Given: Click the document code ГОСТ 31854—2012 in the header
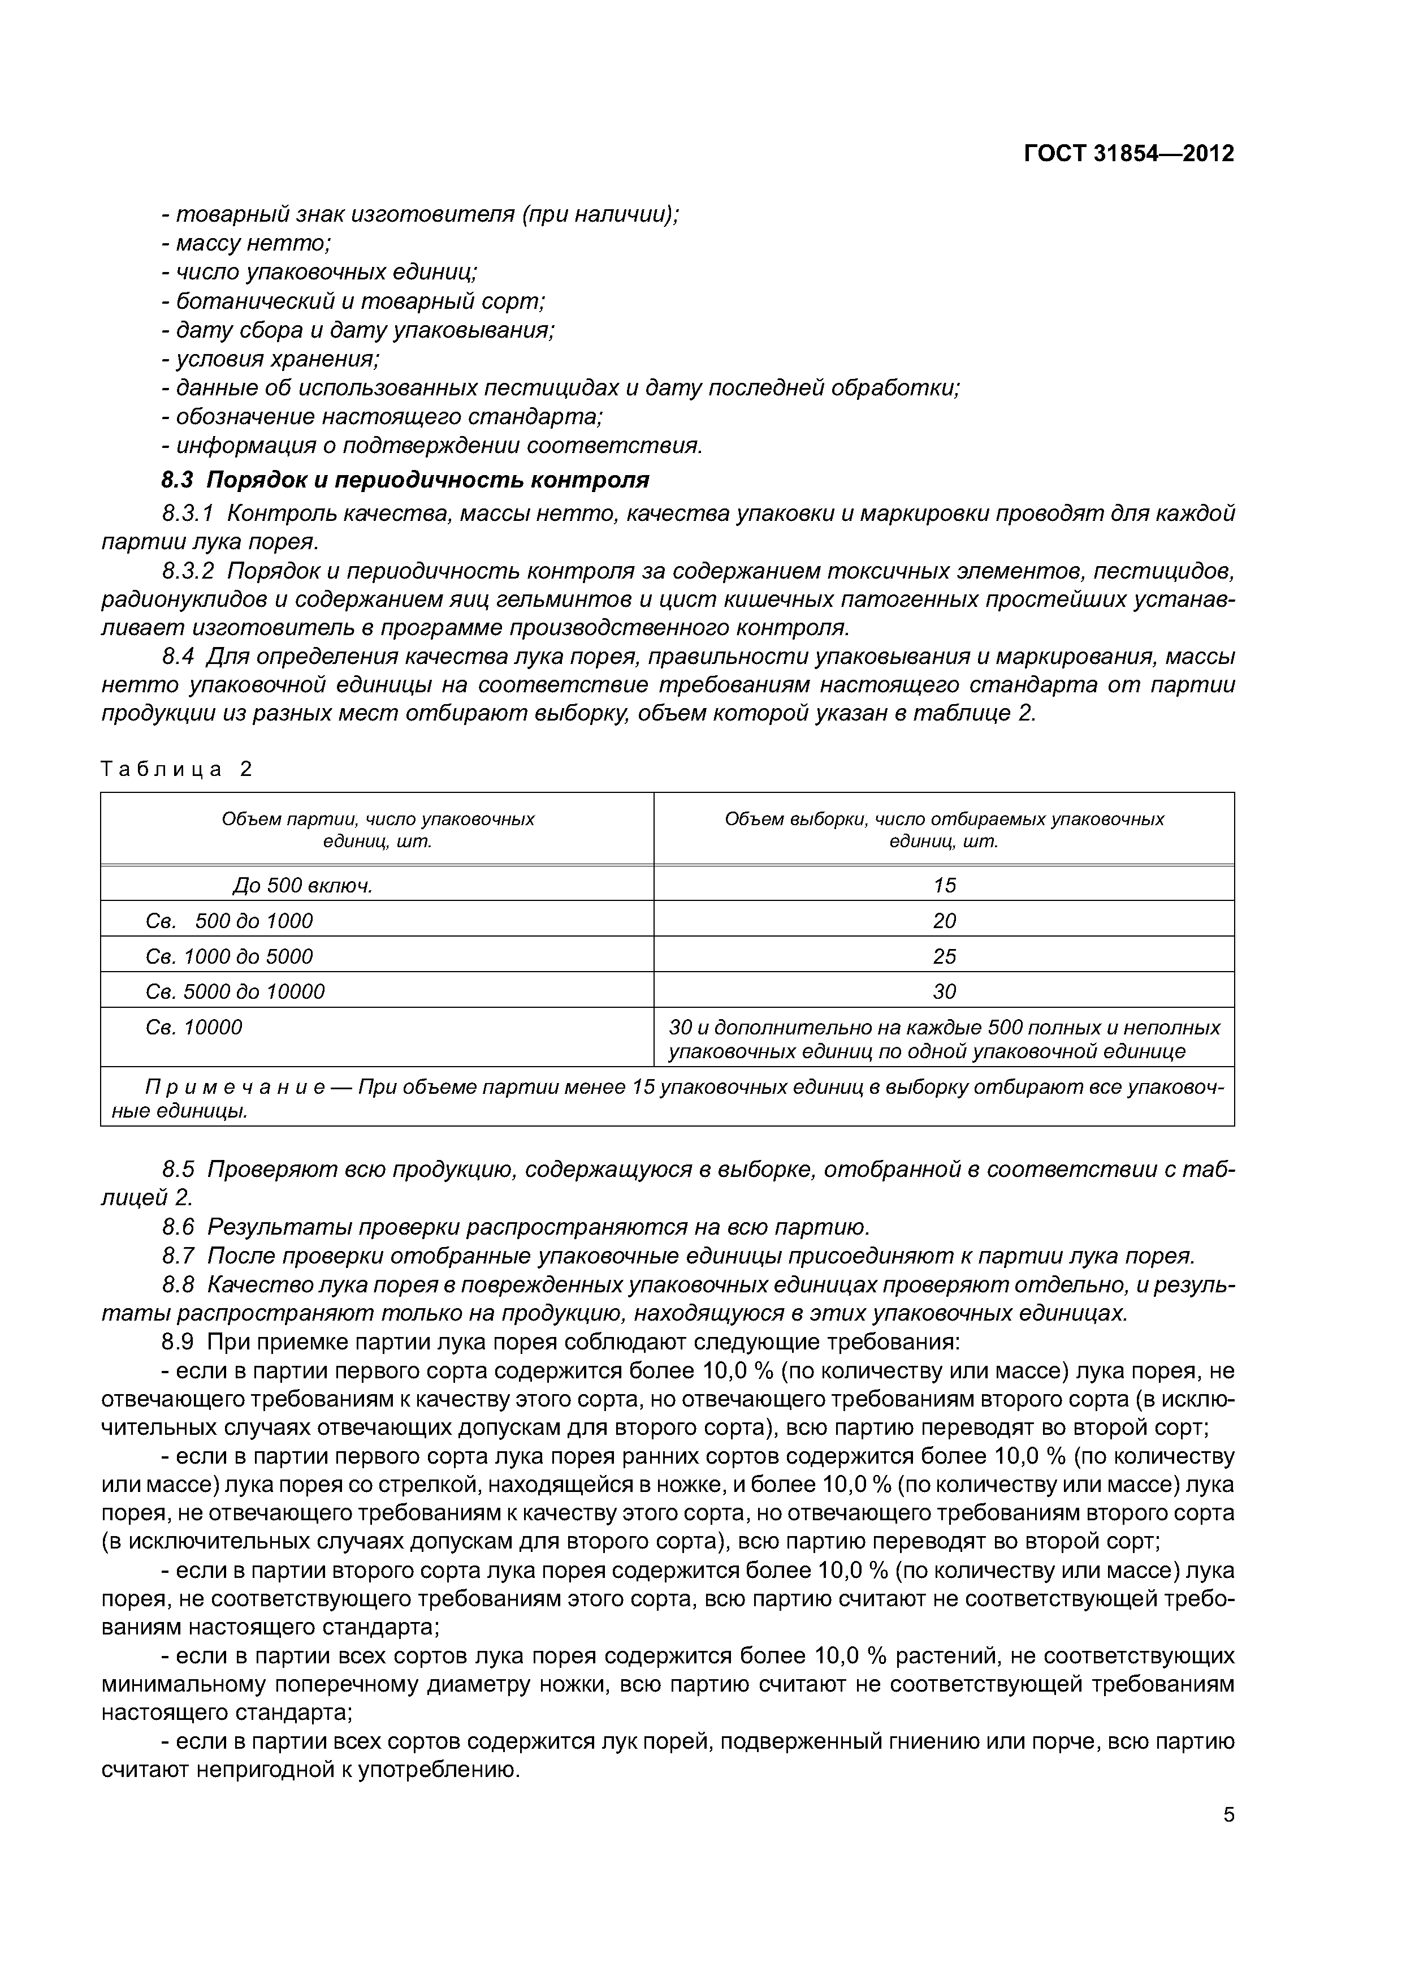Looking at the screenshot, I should pyautogui.click(x=1128, y=154).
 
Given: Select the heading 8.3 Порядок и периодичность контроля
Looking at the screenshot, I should pyautogui.click(x=405, y=480).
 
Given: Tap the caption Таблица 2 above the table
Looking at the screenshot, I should pyautogui.click(x=176, y=769).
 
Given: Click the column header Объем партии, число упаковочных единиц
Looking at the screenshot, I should pyautogui.click(x=378, y=830).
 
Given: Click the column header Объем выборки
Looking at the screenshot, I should pyautogui.click(x=944, y=830).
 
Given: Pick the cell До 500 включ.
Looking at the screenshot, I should pyautogui.click(x=302, y=886).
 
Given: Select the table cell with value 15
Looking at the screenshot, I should pyautogui.click(x=944, y=886).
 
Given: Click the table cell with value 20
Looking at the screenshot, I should pyautogui.click(x=944, y=921).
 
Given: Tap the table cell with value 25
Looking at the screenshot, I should pyautogui.click(x=944, y=956).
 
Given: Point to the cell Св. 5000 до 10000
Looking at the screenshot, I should pyautogui.click(x=235, y=992).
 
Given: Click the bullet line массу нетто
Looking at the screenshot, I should pyautogui.click(x=246, y=244).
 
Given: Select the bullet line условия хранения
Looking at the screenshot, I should pyautogui.click(x=270, y=359).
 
